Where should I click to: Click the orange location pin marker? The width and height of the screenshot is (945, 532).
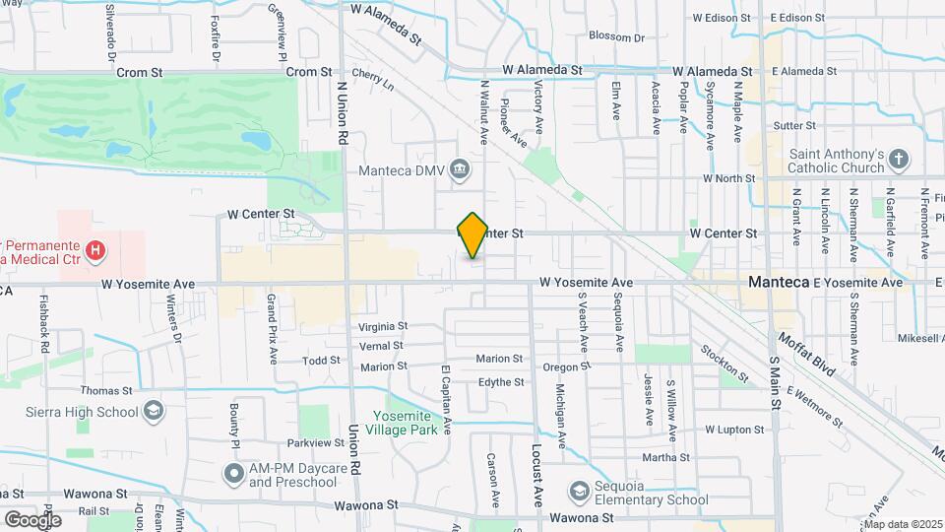click(x=472, y=234)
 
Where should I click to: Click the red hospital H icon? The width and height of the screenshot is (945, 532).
click(x=94, y=251)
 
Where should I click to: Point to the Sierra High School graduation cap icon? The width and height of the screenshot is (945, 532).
click(x=153, y=411)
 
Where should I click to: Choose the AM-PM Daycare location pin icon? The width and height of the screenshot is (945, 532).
click(x=233, y=475)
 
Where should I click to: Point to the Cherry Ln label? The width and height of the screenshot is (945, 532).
click(x=372, y=80)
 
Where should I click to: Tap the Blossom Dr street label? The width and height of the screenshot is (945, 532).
click(x=616, y=37)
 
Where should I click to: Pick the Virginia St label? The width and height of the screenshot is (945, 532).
click(x=383, y=326)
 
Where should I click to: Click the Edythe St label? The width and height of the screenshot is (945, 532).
click(x=501, y=382)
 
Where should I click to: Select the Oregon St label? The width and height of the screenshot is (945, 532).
click(x=566, y=366)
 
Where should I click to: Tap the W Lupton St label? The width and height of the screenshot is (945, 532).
click(x=734, y=430)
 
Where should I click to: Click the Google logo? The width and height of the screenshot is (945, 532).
click(x=31, y=519)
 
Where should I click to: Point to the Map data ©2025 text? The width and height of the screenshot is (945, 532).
click(x=903, y=524)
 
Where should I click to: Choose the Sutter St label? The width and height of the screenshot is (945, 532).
click(x=795, y=125)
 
